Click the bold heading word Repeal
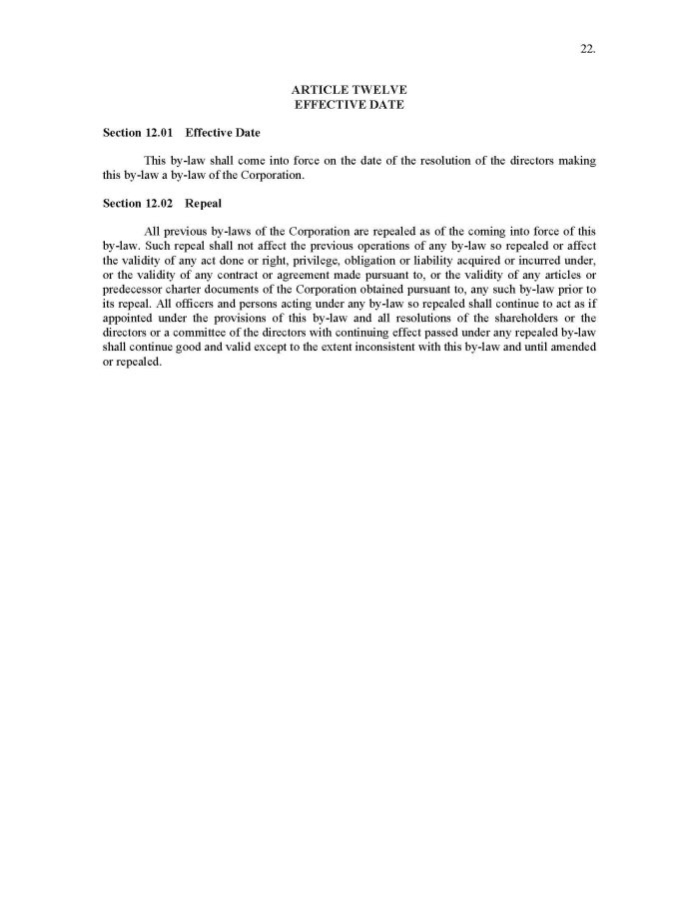point(204,202)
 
